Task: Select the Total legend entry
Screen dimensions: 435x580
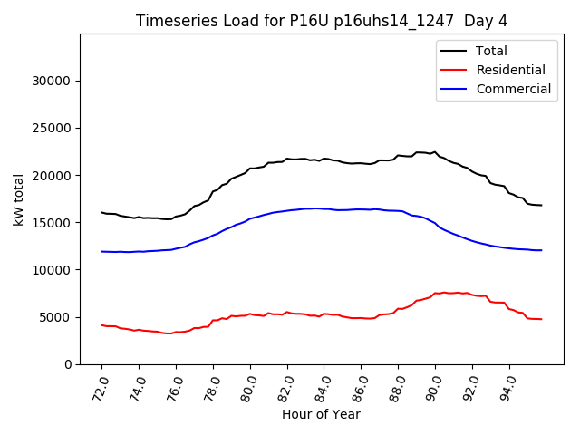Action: tap(491, 51)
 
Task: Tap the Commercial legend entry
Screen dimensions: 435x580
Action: tap(513, 89)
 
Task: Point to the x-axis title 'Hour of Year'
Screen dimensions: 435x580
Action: tap(321, 414)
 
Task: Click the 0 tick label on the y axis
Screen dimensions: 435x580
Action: tap(68, 364)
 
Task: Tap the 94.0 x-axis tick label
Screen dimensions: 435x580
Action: tap(507, 386)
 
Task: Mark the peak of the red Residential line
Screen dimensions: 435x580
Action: tap(444, 293)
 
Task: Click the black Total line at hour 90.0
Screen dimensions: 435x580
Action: tap(436, 152)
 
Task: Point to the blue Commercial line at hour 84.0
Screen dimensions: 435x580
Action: tap(324, 208)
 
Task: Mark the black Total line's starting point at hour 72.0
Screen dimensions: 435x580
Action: tap(101, 213)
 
